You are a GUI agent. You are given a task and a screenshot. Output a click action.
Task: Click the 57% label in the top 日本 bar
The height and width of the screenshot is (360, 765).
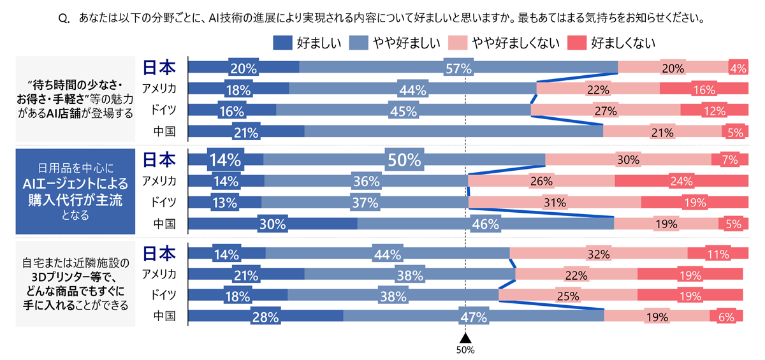458,68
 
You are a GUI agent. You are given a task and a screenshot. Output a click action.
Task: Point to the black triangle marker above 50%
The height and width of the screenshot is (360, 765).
465,338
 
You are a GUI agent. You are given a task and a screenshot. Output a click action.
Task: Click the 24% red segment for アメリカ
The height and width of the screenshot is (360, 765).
681,181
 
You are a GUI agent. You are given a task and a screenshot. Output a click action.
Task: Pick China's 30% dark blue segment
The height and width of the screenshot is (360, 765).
273,224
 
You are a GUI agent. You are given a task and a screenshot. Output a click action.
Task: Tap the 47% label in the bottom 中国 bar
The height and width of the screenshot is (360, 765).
474,317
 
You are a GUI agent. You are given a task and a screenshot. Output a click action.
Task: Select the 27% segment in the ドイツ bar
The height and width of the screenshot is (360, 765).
605,111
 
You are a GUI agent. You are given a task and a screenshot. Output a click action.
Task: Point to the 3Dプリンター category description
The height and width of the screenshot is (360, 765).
76,284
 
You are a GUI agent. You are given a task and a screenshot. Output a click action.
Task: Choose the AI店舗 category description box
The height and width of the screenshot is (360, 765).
76,100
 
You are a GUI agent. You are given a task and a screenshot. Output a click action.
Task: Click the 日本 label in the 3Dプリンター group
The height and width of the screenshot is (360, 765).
159,254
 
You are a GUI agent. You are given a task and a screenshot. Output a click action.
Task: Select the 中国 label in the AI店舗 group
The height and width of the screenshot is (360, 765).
164,131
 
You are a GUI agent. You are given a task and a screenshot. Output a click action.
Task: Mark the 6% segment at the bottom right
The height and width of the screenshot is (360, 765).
725,317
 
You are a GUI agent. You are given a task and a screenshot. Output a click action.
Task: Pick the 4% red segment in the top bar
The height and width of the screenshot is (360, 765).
738,68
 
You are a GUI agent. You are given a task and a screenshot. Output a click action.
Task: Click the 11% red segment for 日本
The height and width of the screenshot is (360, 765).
717,254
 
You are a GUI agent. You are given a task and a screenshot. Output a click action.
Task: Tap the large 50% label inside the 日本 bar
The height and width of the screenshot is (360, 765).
404,159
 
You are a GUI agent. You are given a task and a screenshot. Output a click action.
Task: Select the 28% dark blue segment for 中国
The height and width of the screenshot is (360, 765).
266,317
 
